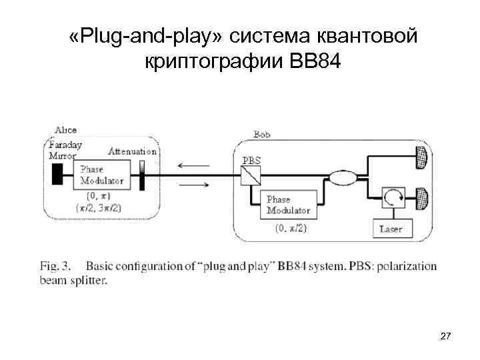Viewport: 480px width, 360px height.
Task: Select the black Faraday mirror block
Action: (57, 175)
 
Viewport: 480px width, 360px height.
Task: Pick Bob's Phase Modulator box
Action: (288, 205)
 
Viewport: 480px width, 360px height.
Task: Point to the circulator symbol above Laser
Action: (391, 198)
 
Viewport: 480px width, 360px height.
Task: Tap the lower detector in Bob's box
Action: (421, 199)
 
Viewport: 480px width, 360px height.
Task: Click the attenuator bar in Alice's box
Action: (141, 175)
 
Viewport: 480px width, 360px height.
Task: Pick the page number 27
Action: (446, 338)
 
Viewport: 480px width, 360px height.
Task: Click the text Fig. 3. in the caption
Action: (53, 267)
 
